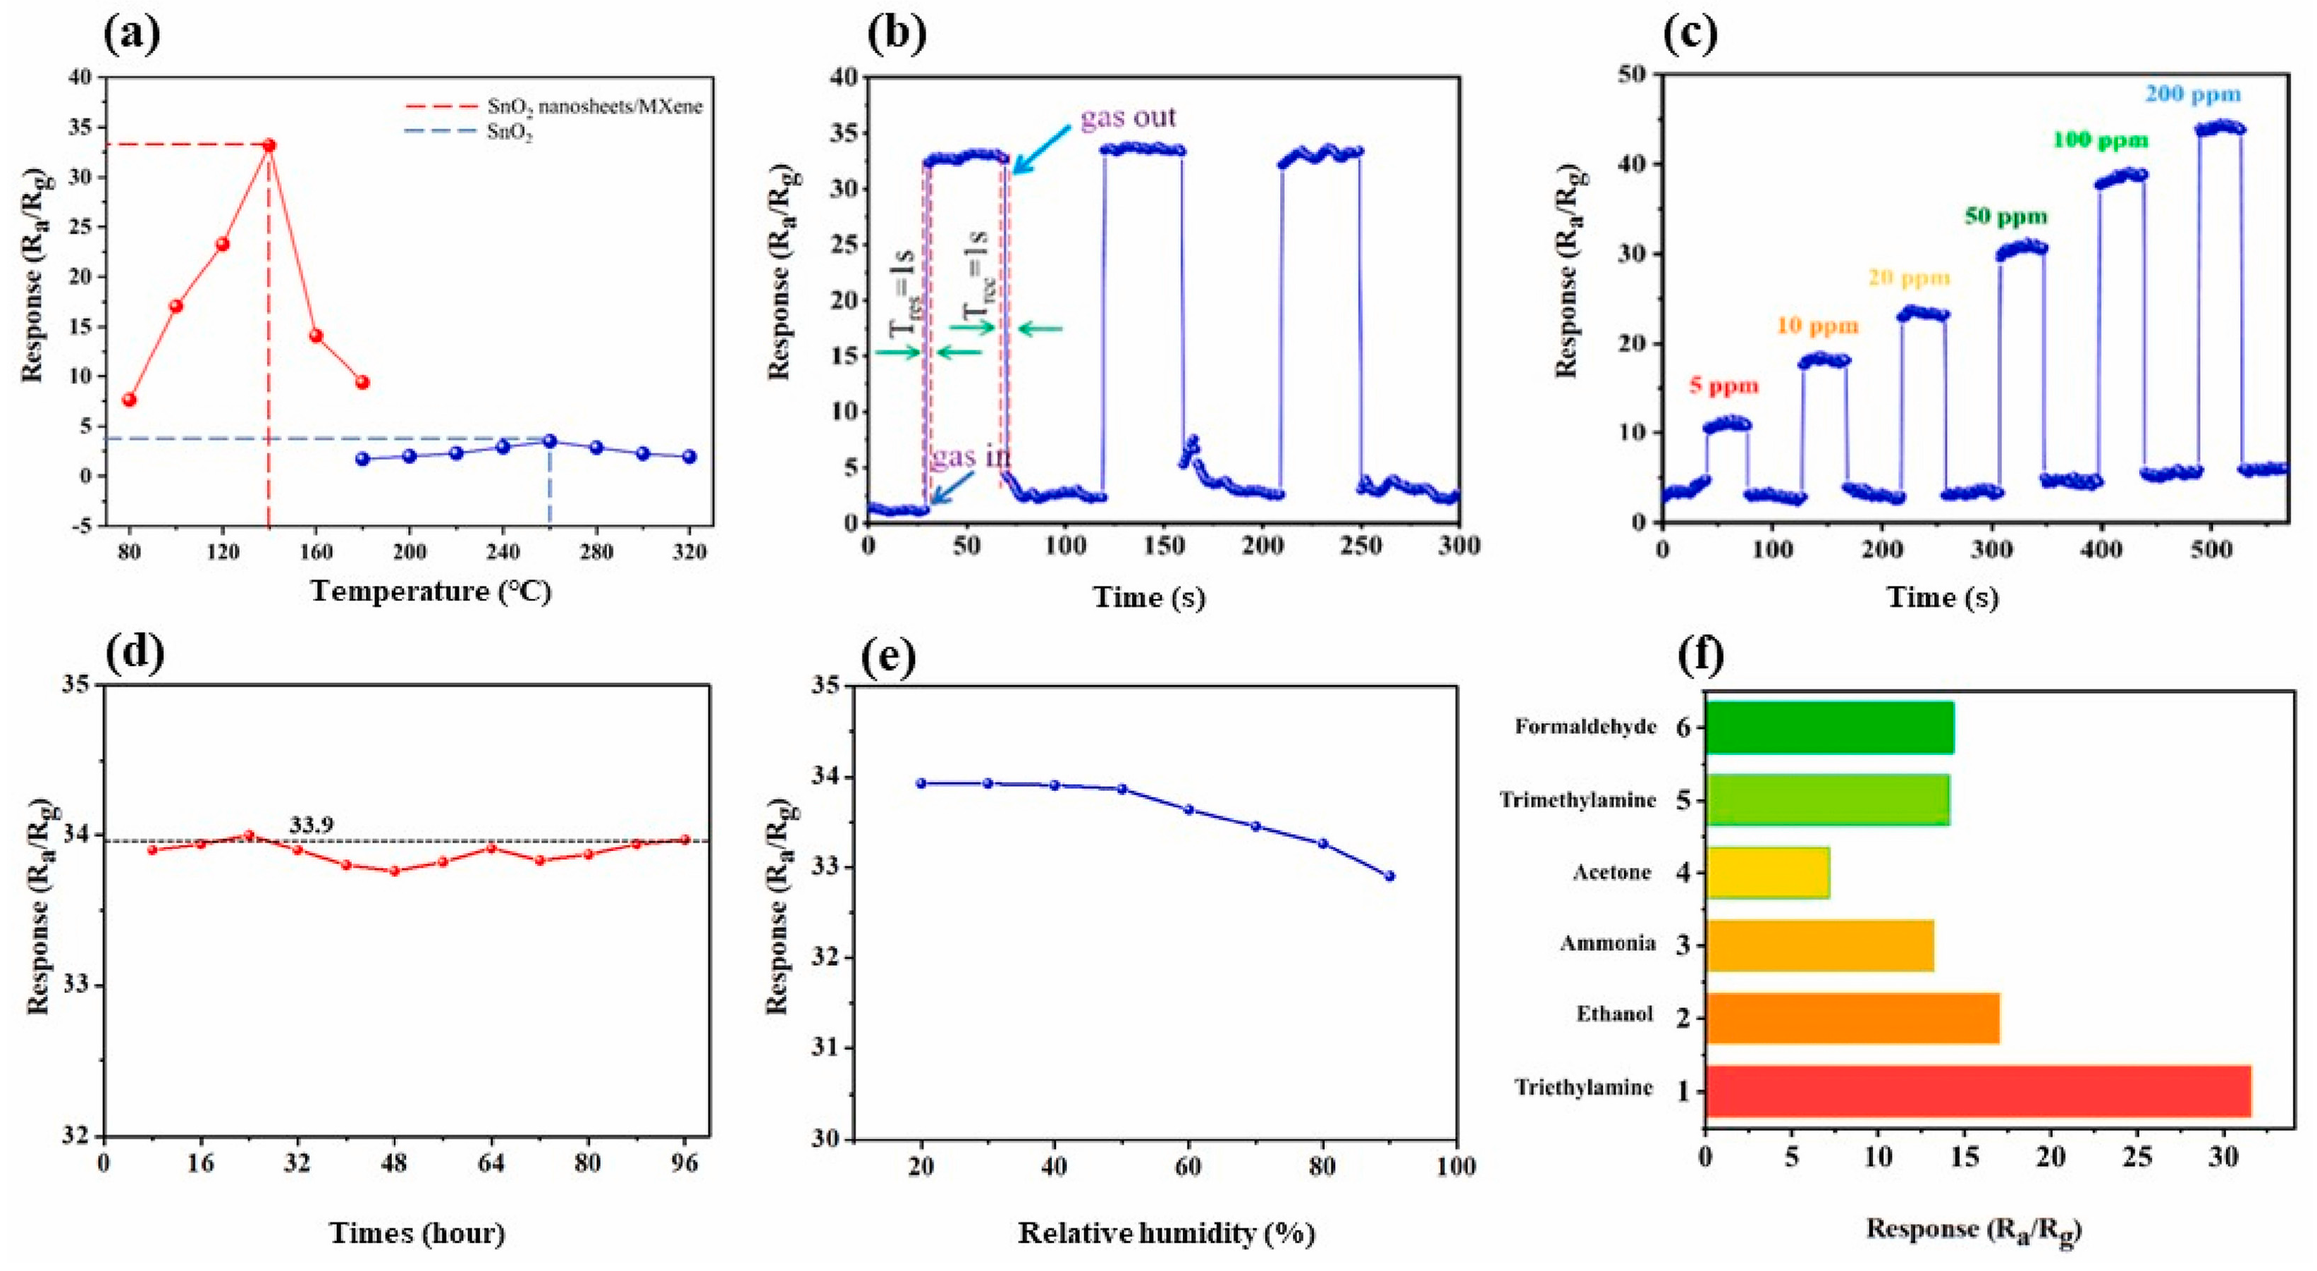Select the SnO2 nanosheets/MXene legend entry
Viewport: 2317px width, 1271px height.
594,106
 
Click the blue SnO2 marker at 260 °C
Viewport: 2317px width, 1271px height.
550,441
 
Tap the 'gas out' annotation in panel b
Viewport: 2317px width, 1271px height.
1128,117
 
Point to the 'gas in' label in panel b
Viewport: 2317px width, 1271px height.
971,457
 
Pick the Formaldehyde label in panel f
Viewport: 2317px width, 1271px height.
1585,726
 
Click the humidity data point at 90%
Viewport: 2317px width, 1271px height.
1389,876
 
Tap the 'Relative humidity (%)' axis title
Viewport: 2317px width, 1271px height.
1166,1232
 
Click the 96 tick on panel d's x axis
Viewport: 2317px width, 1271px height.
684,1163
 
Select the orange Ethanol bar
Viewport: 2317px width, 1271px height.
1852,1018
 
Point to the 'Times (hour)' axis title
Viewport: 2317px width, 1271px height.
417,1232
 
